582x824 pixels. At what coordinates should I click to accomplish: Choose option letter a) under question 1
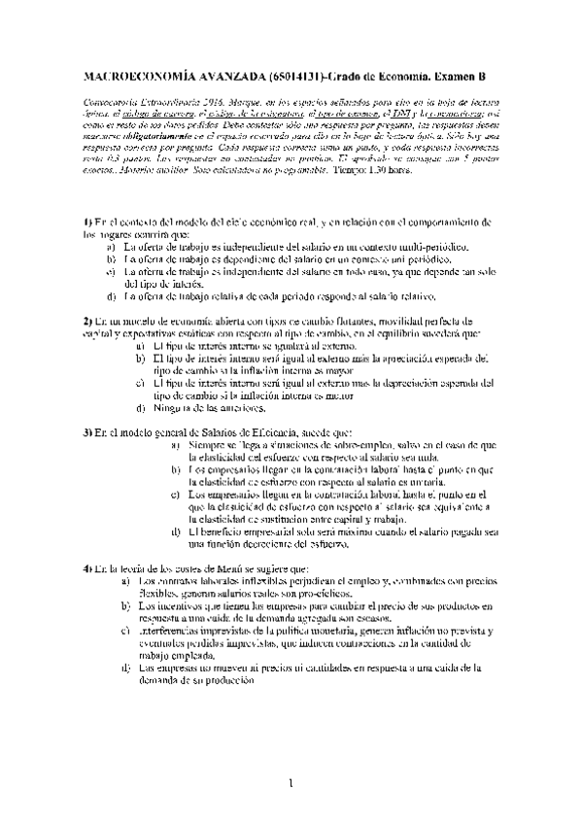112,248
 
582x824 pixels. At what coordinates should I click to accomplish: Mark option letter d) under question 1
112,296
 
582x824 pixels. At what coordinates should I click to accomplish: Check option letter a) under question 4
125,580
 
